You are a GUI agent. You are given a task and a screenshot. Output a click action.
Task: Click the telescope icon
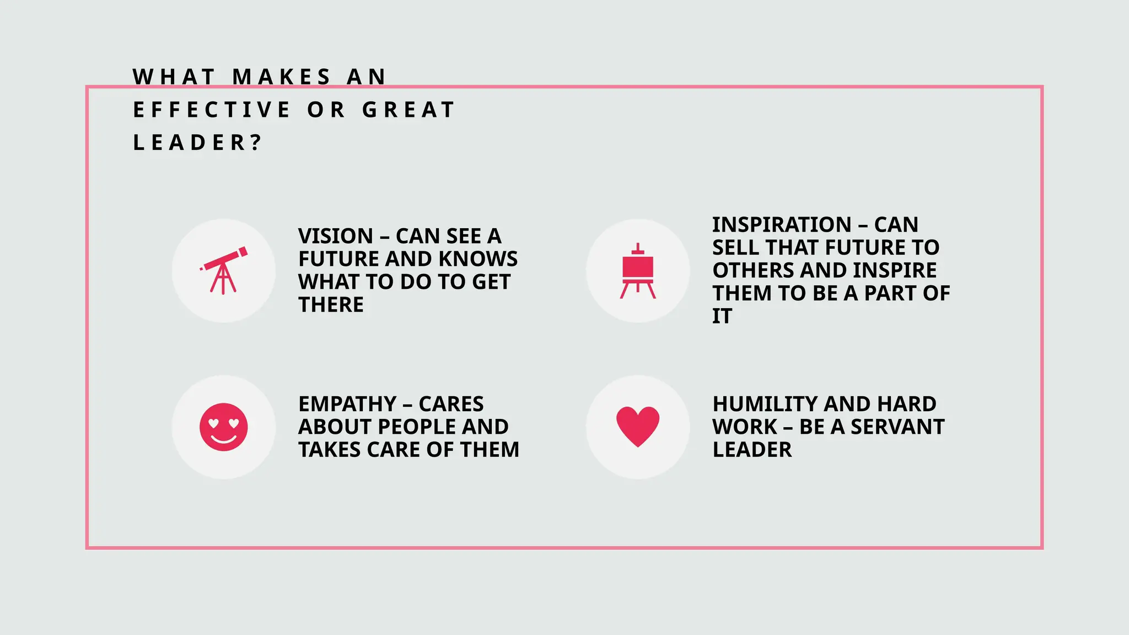click(223, 270)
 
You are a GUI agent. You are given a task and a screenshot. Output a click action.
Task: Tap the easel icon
click(638, 271)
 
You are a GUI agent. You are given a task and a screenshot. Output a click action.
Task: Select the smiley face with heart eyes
click(223, 427)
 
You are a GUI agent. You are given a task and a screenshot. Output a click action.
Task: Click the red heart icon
click(638, 427)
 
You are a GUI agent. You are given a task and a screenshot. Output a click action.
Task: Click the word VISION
click(336, 236)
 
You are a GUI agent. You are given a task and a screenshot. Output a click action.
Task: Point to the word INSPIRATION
click(782, 225)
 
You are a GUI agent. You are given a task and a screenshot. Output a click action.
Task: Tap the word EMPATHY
click(347, 404)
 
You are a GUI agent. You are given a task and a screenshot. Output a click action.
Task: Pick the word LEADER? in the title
click(197, 143)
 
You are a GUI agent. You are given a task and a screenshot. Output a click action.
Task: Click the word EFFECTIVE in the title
click(212, 110)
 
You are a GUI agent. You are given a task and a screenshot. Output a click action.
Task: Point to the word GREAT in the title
click(408, 110)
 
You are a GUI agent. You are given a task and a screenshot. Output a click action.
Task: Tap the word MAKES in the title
click(282, 77)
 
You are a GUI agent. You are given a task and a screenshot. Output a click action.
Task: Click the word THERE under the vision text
click(331, 305)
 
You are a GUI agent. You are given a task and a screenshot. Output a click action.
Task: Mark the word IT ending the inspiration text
click(722, 316)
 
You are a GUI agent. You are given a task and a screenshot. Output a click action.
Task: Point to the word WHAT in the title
click(174, 77)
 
